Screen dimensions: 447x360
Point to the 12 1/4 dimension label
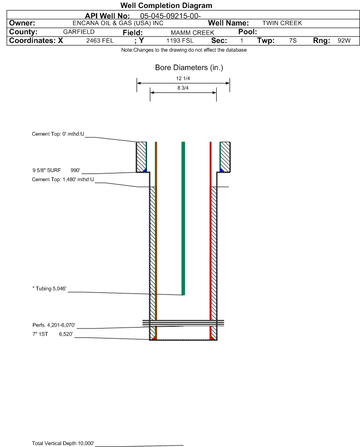(x=183, y=79)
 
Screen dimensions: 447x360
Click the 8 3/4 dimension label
(x=183, y=88)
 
